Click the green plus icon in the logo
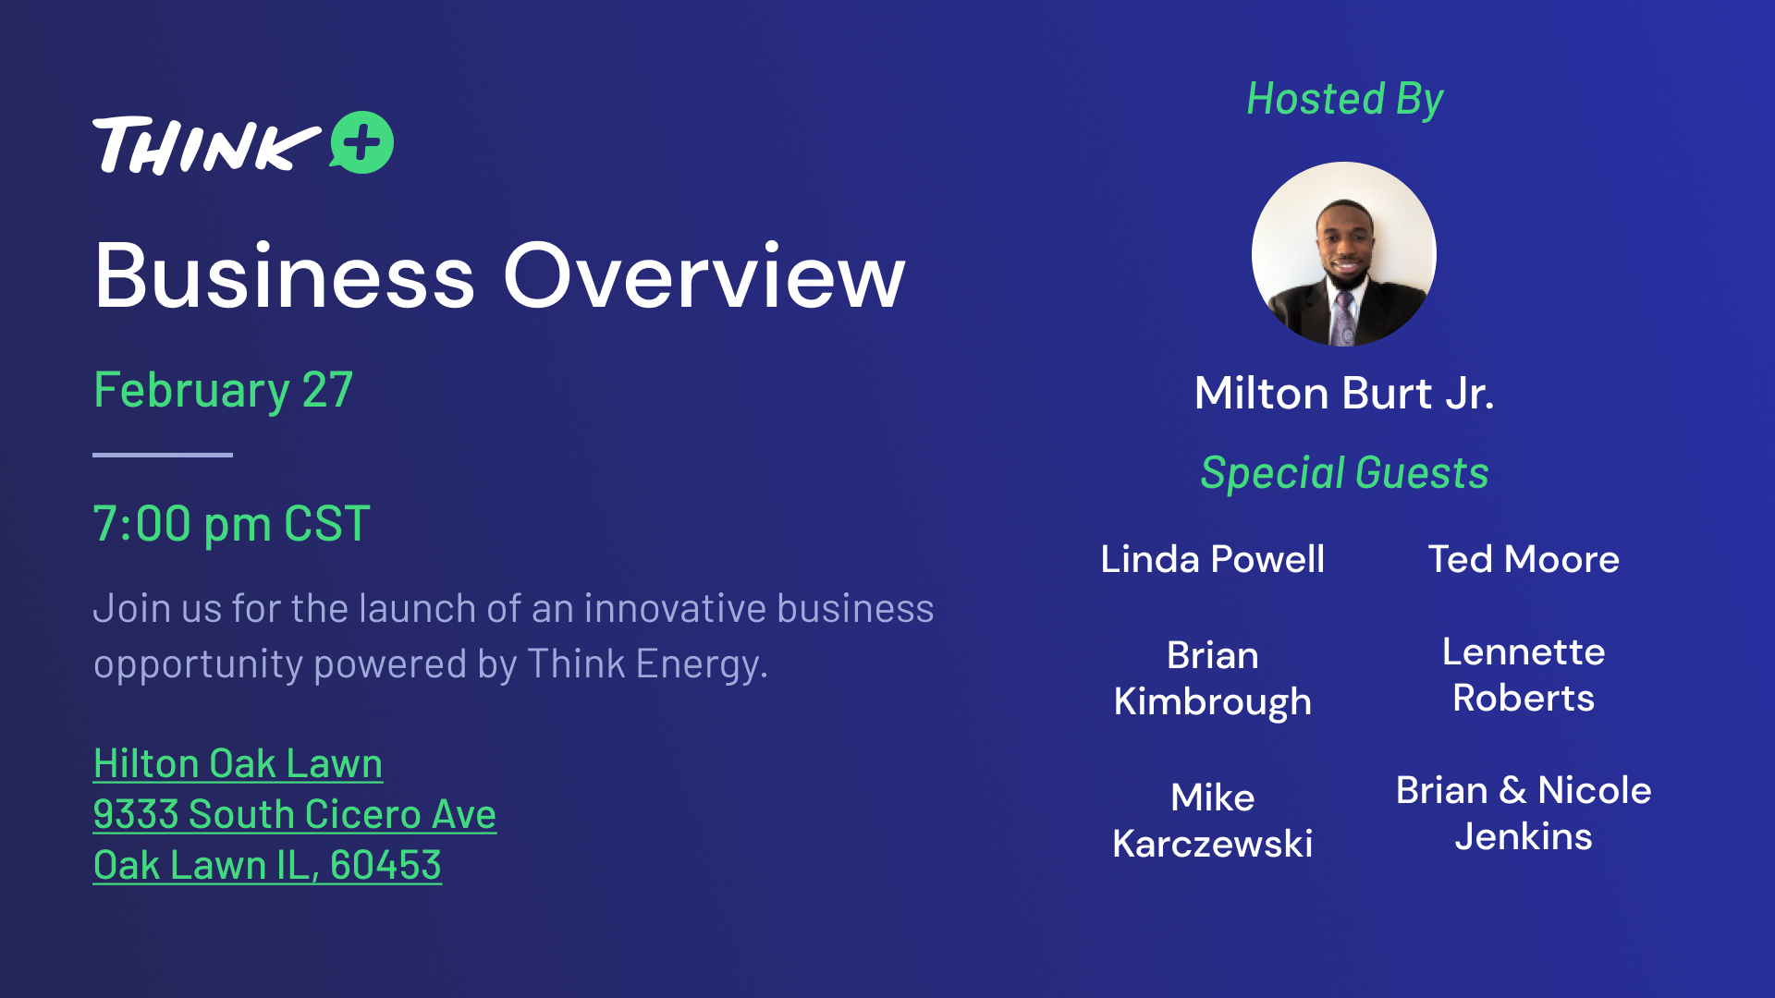click(x=362, y=142)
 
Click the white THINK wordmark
click(x=206, y=145)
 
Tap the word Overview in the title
click(x=704, y=275)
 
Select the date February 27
click(x=223, y=390)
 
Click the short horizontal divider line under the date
click(x=163, y=455)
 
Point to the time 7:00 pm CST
click(x=231, y=524)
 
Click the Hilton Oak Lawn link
click(x=239, y=764)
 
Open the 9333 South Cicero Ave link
click(x=295, y=815)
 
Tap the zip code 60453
click(x=386, y=866)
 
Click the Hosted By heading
click(x=1344, y=100)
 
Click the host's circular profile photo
click(x=1344, y=254)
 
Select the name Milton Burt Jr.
click(x=1344, y=394)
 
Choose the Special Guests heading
click(x=1344, y=473)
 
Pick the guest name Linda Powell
click(x=1213, y=559)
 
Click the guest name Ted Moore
click(x=1524, y=559)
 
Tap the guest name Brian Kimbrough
click(x=1213, y=678)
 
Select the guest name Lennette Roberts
click(x=1524, y=675)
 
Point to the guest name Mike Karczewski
click(x=1213, y=821)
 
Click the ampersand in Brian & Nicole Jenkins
click(x=1513, y=791)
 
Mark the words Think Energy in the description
click(x=647, y=664)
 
